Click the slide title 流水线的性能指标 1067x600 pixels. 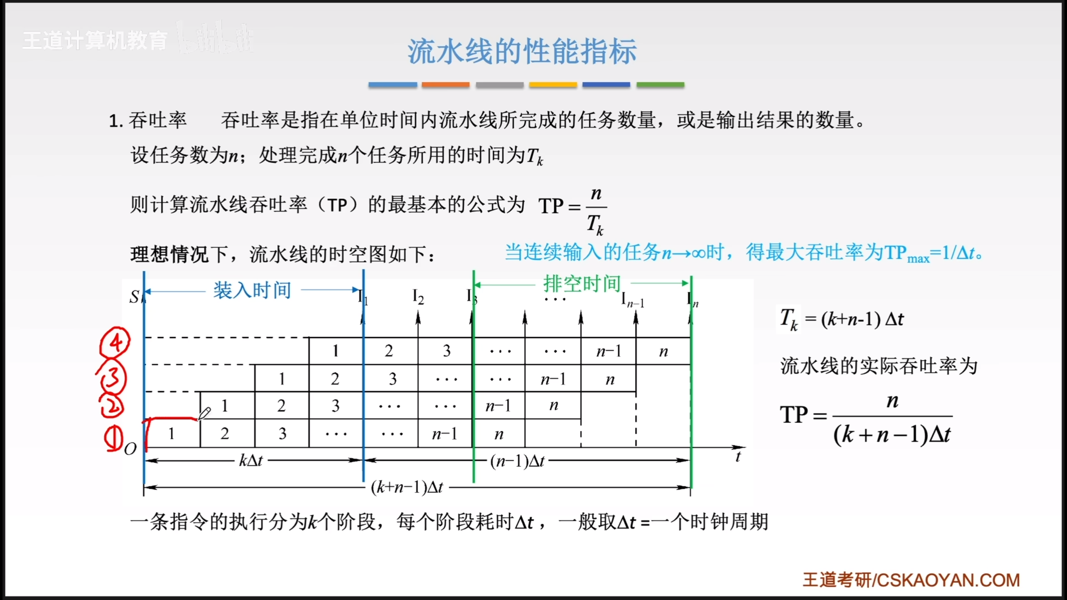(522, 51)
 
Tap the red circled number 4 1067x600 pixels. (115, 342)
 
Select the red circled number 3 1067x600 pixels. (112, 377)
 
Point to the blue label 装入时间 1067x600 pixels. (252, 290)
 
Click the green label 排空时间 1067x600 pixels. (582, 284)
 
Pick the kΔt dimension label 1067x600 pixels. (251, 460)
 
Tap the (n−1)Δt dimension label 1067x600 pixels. (517, 461)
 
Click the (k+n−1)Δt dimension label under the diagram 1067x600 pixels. (407, 487)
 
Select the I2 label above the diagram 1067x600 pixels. (418, 297)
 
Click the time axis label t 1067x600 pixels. (738, 457)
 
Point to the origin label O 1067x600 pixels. (130, 449)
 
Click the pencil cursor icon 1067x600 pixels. (204, 413)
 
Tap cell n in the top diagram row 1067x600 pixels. (664, 352)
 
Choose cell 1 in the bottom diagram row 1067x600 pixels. (171, 434)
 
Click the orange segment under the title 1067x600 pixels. (446, 85)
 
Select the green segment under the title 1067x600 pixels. (660, 85)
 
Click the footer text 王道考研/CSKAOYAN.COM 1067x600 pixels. (911, 580)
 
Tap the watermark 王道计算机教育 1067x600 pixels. (95, 41)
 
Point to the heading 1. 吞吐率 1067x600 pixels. (148, 120)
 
